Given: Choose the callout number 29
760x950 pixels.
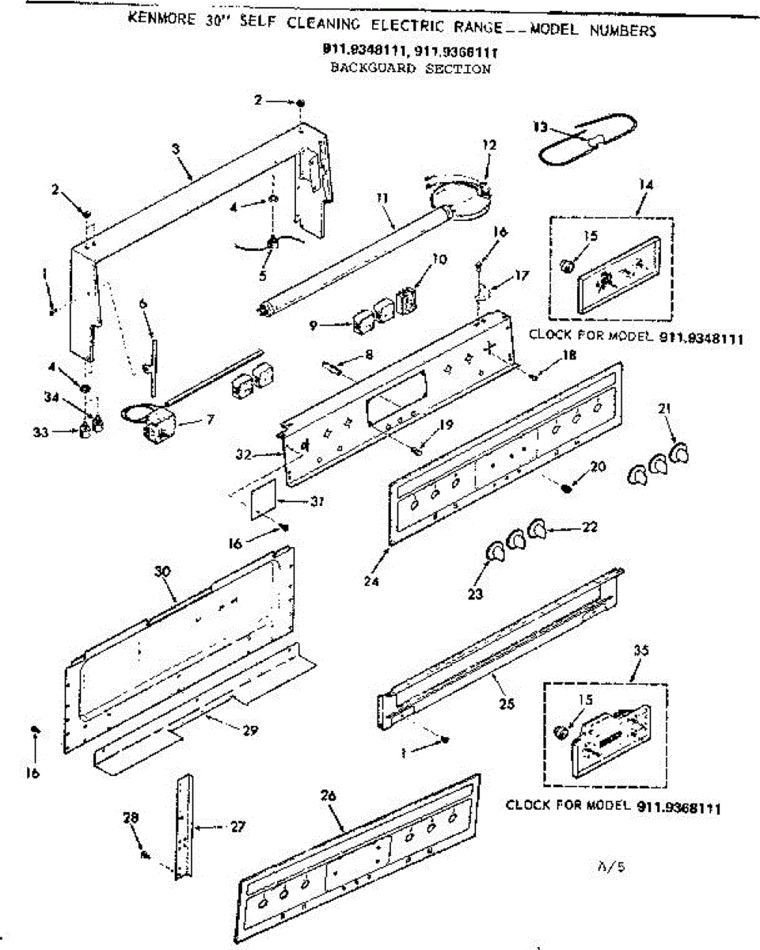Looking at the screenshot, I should pyautogui.click(x=251, y=730).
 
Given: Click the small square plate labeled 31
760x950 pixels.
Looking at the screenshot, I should pyautogui.click(x=263, y=502).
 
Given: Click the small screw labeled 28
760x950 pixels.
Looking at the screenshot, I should pyautogui.click(x=144, y=853).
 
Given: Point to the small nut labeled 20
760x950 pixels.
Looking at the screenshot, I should pyautogui.click(x=567, y=488).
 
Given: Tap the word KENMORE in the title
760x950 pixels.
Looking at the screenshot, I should pyautogui.click(x=161, y=20).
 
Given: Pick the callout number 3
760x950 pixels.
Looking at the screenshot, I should pyautogui.click(x=175, y=149).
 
